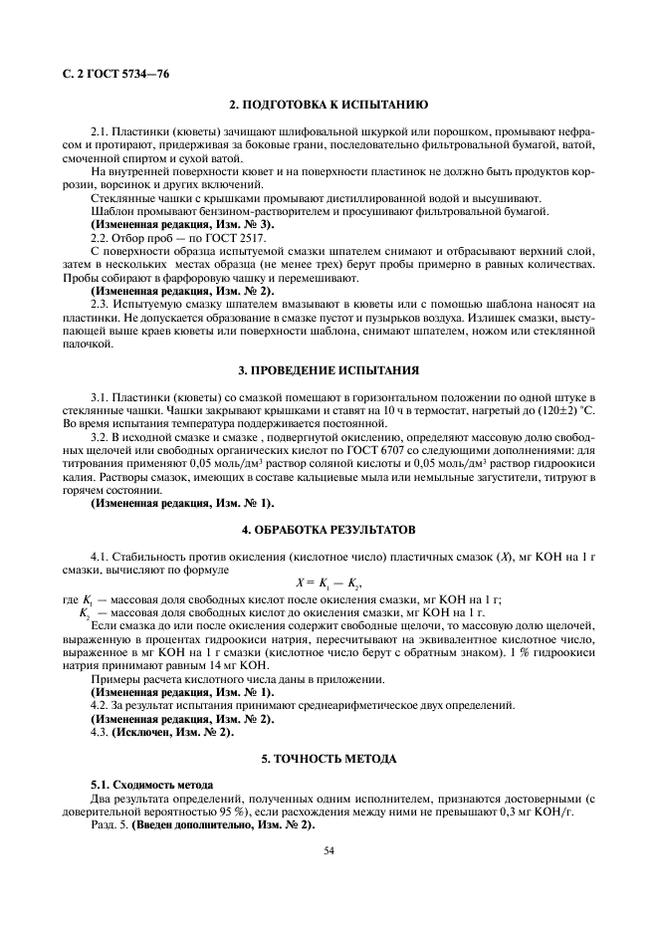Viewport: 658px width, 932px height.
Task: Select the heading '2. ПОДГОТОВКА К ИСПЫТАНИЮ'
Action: tap(329, 105)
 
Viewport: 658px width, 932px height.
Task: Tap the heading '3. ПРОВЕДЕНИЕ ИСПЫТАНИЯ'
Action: tap(329, 371)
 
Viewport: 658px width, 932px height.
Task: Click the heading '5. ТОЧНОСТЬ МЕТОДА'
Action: tap(329, 759)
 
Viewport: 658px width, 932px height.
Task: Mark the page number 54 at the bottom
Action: tap(329, 850)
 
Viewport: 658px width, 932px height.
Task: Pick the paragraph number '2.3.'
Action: tap(100, 303)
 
